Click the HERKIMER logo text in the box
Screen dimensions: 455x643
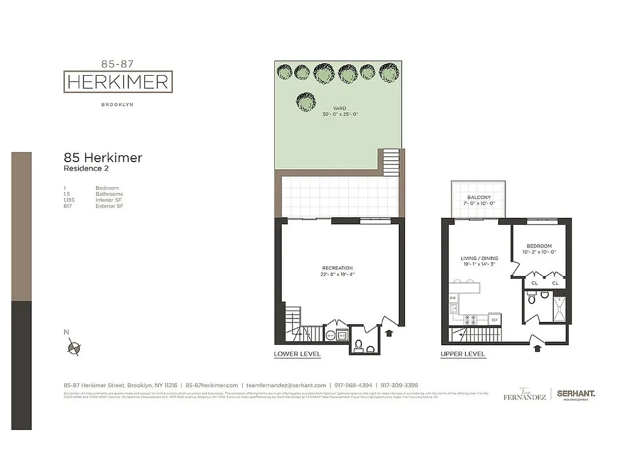(x=118, y=82)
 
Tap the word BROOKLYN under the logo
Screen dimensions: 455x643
(x=118, y=105)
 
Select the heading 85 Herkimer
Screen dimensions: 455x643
(x=103, y=158)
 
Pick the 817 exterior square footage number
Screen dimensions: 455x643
(x=68, y=206)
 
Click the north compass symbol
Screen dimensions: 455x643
(x=74, y=348)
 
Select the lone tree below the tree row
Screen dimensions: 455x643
(x=306, y=102)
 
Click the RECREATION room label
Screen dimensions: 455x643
(x=337, y=268)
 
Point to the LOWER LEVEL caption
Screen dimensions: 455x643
(x=297, y=354)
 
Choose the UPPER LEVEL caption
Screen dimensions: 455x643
(x=463, y=354)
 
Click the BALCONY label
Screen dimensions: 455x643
(x=479, y=197)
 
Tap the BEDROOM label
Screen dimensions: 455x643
(x=537, y=246)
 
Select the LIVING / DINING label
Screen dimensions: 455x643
(x=479, y=258)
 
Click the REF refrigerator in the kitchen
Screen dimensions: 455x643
(x=494, y=320)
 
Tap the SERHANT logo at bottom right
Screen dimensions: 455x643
(x=575, y=394)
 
